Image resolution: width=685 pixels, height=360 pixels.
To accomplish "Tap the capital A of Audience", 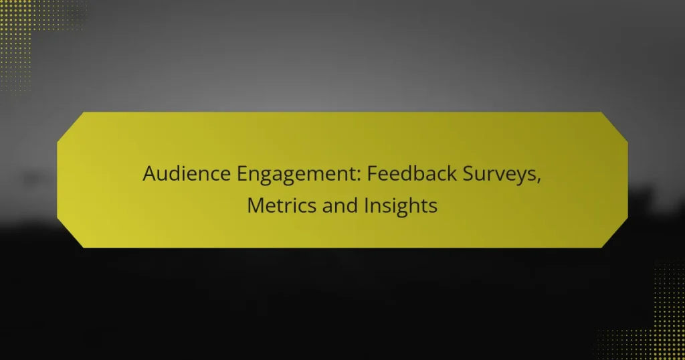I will pyautogui.click(x=150, y=175).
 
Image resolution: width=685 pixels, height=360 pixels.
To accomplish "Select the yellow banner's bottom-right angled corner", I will pyautogui.click(x=615, y=236).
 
